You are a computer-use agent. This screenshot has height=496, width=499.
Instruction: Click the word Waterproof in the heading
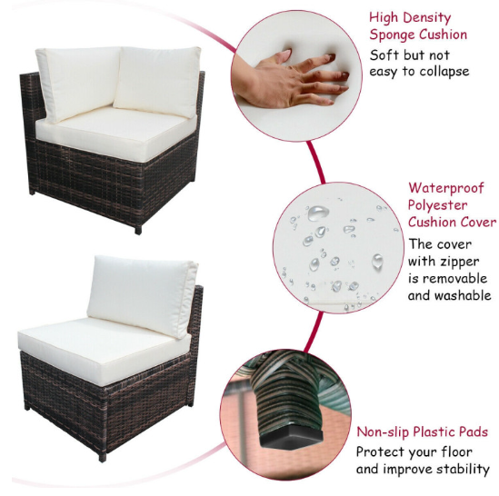tap(446, 189)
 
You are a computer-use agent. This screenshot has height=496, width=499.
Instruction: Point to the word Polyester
tap(437, 205)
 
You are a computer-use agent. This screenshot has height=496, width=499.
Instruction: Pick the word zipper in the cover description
tap(461, 262)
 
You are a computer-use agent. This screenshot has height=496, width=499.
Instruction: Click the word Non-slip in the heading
tap(384, 432)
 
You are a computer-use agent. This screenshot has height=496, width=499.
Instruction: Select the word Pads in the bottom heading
tap(474, 432)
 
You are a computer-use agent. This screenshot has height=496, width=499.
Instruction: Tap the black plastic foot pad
tap(291, 437)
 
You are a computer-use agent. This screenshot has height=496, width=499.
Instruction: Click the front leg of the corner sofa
tap(138, 230)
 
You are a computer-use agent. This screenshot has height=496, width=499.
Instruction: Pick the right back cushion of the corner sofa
tap(157, 81)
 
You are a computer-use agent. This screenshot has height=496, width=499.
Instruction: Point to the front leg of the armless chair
tap(103, 457)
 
